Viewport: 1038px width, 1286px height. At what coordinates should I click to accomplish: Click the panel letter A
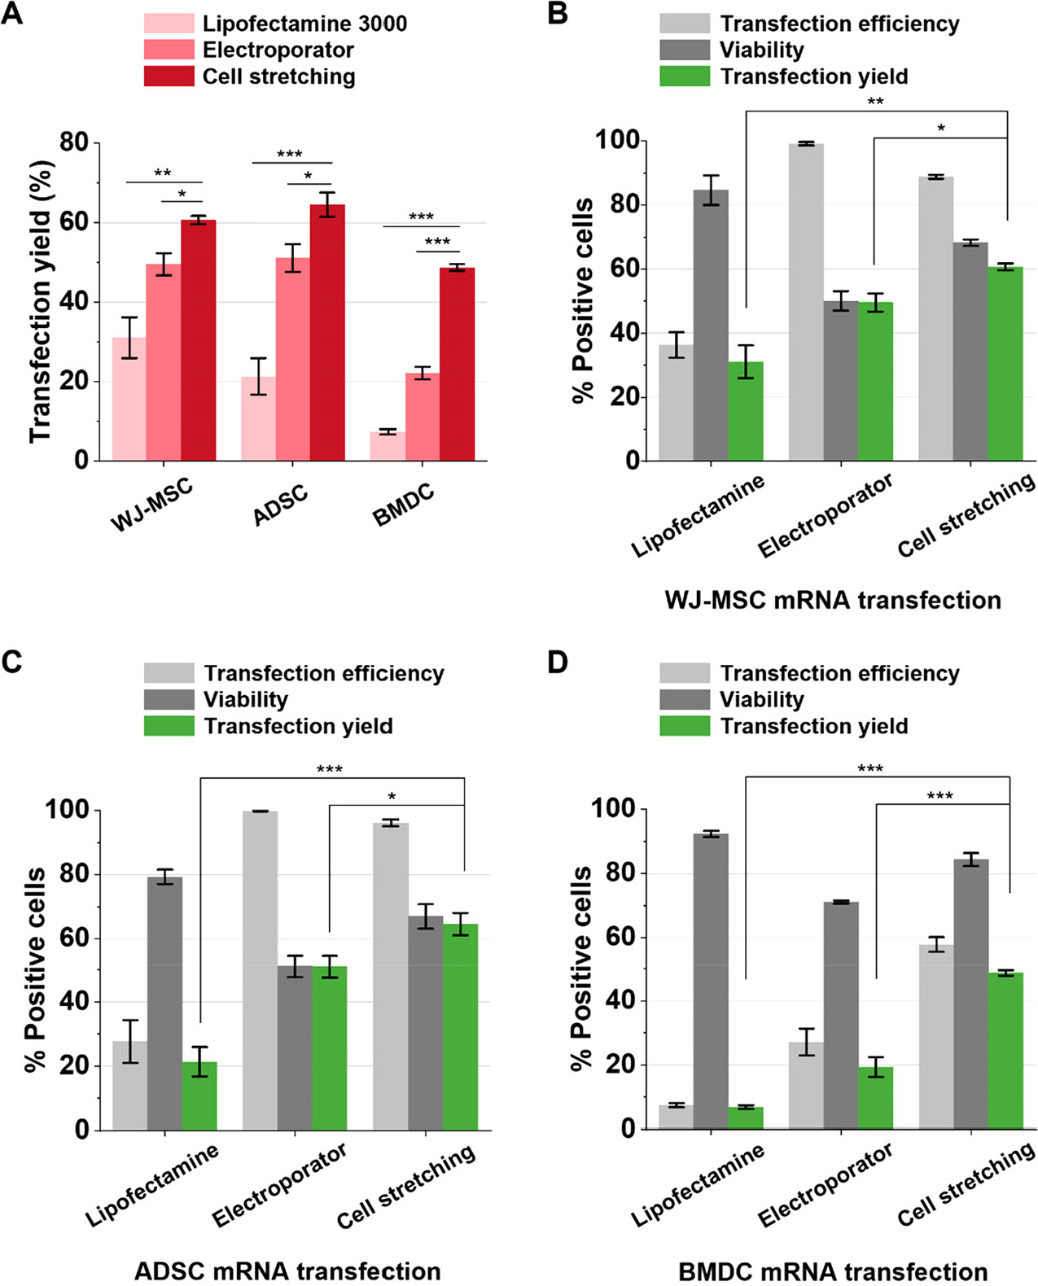(12, 15)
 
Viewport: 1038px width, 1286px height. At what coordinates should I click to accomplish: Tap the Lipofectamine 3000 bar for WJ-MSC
(129, 399)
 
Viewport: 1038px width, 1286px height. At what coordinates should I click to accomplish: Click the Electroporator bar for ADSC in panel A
(292, 359)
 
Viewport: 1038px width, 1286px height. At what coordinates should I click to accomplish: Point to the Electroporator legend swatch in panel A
(169, 50)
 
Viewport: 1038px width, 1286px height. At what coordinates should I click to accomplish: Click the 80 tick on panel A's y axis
(74, 142)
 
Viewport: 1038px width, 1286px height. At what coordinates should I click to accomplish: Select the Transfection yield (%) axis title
(41, 301)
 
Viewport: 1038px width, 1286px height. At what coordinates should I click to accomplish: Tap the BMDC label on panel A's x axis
(403, 504)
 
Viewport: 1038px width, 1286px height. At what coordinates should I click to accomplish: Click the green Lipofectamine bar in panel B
(746, 411)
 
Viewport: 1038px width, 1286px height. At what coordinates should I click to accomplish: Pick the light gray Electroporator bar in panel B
(806, 302)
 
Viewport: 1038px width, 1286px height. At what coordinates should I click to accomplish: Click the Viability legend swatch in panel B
(684, 50)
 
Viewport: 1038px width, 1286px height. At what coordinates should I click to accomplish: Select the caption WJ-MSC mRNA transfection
(832, 601)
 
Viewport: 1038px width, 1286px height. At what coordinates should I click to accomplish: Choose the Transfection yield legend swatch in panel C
(169, 726)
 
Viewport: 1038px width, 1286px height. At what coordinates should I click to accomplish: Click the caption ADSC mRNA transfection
(287, 1271)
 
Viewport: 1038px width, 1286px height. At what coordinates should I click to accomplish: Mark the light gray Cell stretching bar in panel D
(936, 1037)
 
